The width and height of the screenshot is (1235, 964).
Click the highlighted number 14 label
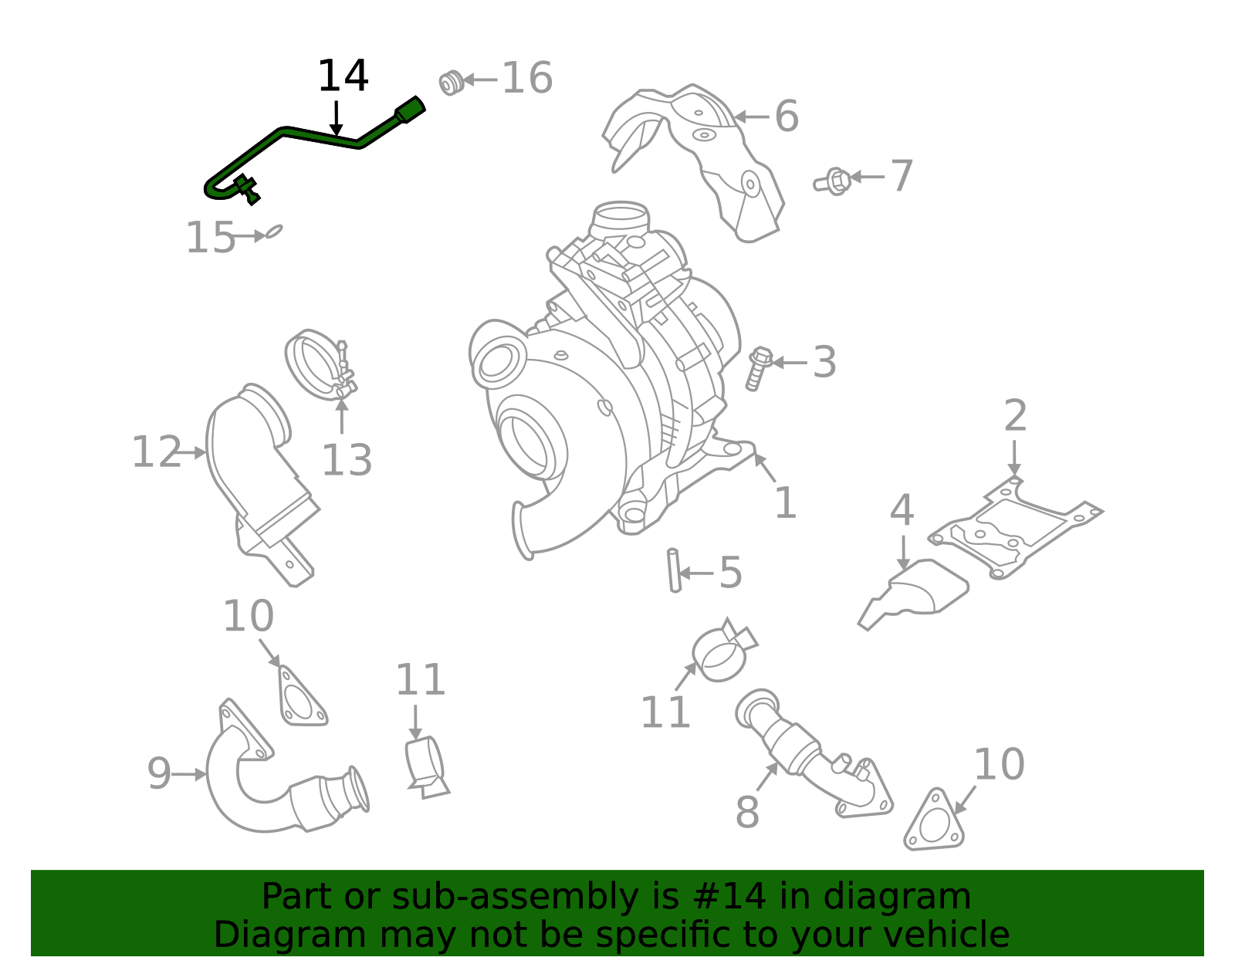[343, 76]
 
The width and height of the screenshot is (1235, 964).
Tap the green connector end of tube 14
[411, 110]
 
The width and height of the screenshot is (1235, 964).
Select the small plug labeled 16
[451, 82]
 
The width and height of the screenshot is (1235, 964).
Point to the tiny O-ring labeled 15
[273, 231]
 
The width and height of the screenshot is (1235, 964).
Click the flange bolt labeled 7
[834, 181]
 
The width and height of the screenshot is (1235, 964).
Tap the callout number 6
[786, 117]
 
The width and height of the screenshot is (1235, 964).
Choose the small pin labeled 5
[674, 570]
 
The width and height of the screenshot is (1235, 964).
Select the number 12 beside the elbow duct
[155, 452]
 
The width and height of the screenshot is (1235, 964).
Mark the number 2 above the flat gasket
[1015, 416]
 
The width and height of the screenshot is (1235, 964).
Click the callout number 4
[902, 511]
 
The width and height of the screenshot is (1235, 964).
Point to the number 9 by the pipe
[158, 774]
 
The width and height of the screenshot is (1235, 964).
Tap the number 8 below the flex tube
[746, 813]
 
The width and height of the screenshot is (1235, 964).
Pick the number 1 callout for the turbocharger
[785, 503]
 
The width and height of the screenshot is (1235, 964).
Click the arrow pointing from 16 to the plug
[480, 79]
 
